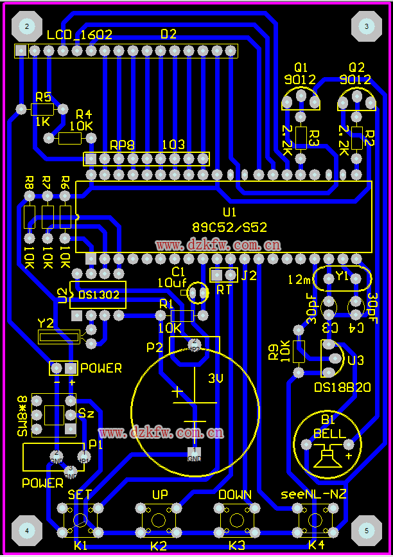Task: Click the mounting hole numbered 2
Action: pos(27,26)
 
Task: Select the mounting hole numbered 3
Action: pos(366,26)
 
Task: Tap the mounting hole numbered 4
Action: pos(27,531)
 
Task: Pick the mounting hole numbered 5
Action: pos(367,531)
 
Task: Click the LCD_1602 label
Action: pos(79,35)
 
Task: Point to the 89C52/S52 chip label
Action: pos(229,227)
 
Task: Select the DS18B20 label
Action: pos(342,387)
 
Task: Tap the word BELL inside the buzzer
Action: pos(329,434)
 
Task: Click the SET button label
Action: pos(80,495)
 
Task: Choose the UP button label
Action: pos(160,495)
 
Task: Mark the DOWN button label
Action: pos(234,495)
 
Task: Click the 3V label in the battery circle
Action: pos(216,379)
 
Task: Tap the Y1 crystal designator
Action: pos(342,276)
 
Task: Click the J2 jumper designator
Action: pos(249,276)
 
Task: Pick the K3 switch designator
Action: pos(236,545)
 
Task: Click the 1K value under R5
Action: pos(43,121)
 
